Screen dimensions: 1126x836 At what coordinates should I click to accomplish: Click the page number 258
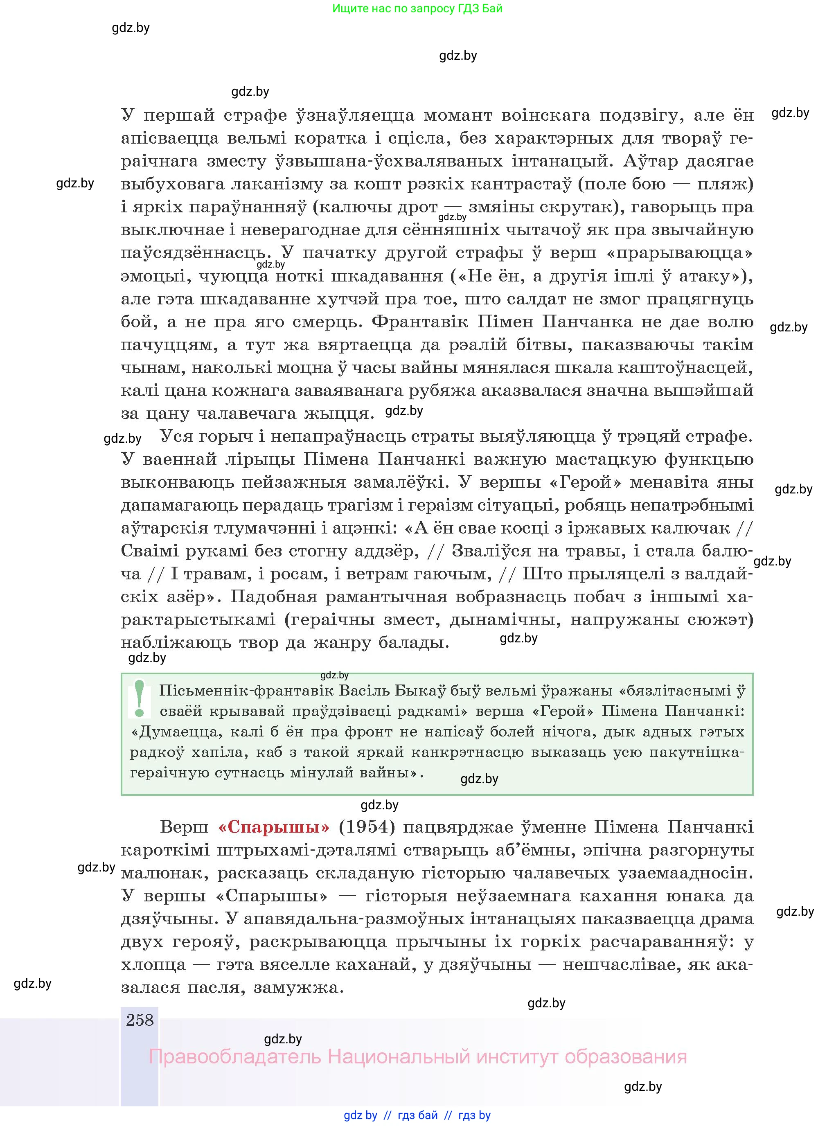click(140, 1020)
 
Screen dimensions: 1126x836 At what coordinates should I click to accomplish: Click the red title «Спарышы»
click(273, 827)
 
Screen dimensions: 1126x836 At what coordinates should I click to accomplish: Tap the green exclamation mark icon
click(139, 699)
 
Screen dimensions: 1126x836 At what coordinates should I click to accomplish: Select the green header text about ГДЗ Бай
click(417, 9)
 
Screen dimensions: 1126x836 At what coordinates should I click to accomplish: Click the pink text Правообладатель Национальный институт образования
click(417, 1057)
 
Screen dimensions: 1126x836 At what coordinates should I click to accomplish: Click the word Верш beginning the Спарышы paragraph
click(184, 827)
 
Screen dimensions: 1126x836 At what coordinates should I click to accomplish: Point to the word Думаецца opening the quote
click(176, 732)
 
